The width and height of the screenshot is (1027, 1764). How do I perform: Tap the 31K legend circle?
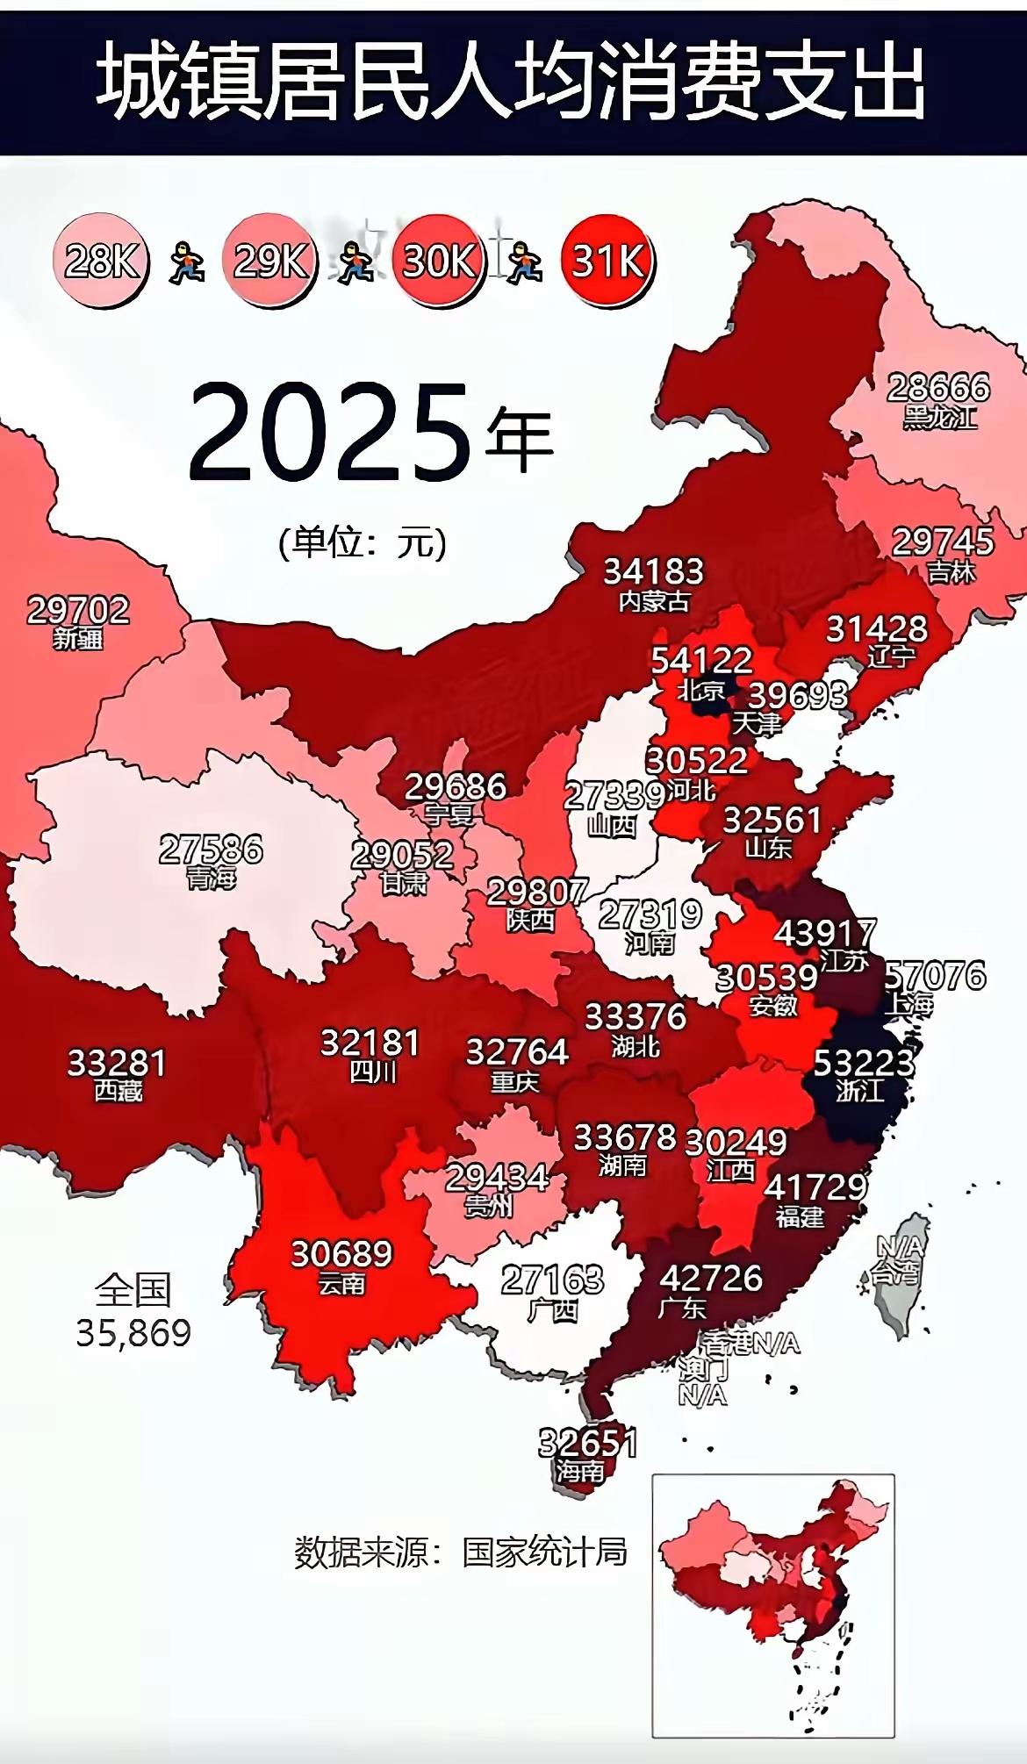[x=607, y=260]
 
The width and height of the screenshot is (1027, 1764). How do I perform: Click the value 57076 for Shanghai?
[x=936, y=976]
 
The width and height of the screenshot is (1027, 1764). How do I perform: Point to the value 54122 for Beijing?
[x=701, y=660]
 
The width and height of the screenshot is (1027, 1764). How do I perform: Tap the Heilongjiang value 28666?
[x=938, y=387]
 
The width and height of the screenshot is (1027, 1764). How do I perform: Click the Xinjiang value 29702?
[x=78, y=609]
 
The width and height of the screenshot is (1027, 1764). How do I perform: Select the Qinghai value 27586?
[x=211, y=849]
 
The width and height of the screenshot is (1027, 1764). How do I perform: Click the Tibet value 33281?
[x=117, y=1063]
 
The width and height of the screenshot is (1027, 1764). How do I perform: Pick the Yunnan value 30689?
[x=341, y=1253]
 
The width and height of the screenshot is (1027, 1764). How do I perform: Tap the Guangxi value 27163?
[x=553, y=1280]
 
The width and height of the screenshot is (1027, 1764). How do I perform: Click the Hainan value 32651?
[x=587, y=1443]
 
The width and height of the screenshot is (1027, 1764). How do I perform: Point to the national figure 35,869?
[x=133, y=1333]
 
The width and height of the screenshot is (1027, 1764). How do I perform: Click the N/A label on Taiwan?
[x=901, y=1246]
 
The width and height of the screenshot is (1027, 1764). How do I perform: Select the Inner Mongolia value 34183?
[x=654, y=571]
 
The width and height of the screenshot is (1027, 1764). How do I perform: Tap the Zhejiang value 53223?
[x=865, y=1063]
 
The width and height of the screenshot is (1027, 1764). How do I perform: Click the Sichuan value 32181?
[x=370, y=1043]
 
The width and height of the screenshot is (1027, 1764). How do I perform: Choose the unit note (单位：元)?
[x=363, y=543]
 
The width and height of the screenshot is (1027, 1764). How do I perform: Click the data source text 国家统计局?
[x=544, y=1552]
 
